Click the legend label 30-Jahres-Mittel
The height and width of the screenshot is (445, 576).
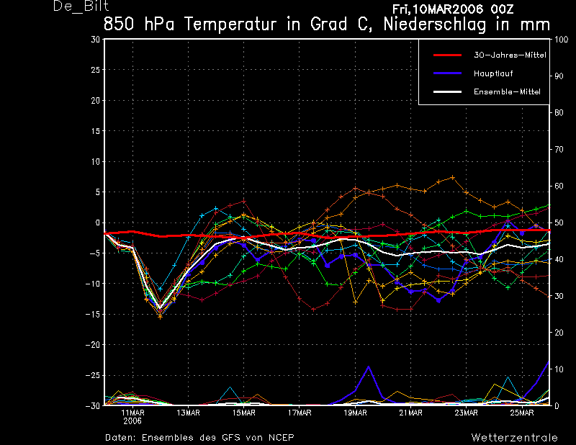510,55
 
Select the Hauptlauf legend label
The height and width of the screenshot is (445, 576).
493,73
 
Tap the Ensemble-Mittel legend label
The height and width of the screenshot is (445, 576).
507,92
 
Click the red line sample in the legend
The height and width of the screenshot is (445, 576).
447,55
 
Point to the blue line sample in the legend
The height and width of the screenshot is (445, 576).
447,73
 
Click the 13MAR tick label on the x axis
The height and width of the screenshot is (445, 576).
188,413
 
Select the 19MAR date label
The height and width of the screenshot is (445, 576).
355,413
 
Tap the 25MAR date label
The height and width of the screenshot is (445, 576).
521,413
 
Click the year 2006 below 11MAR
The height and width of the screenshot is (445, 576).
132,421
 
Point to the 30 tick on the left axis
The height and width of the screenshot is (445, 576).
95,40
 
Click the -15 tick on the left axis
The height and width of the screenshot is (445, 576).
93,314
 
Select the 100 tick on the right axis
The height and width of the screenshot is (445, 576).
562,40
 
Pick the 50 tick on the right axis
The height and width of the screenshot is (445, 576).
559,223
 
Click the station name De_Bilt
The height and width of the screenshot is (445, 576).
81,6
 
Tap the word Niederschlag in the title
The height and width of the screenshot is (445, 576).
435,24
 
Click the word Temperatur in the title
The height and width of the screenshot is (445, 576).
230,24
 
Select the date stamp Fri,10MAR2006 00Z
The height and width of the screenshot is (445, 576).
453,9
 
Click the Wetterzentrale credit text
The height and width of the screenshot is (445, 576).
514,437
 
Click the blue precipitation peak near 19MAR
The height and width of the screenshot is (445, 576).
369,367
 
